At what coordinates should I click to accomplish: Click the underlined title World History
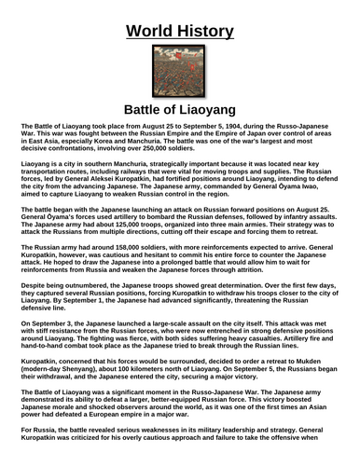pos(179,21)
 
